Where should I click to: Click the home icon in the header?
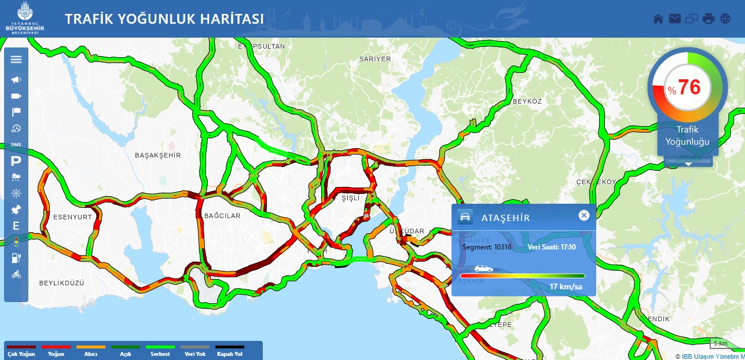[x=658, y=19]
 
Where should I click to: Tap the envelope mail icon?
[x=674, y=19]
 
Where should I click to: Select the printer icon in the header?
[x=709, y=19]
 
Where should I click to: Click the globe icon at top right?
[x=725, y=19]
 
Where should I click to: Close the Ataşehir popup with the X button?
[x=584, y=215]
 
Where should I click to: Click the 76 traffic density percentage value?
[x=689, y=87]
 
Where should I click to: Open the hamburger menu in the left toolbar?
[x=16, y=59]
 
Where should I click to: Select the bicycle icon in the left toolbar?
[x=16, y=274]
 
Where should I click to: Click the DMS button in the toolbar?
[x=16, y=144]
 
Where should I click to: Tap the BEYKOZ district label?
[x=527, y=101]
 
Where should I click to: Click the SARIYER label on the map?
[x=375, y=59]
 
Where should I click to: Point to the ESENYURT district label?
[x=72, y=217]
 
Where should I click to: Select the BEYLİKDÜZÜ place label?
[x=61, y=283]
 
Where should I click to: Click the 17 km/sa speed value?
[x=566, y=287]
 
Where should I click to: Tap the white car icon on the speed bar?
[x=483, y=269]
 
